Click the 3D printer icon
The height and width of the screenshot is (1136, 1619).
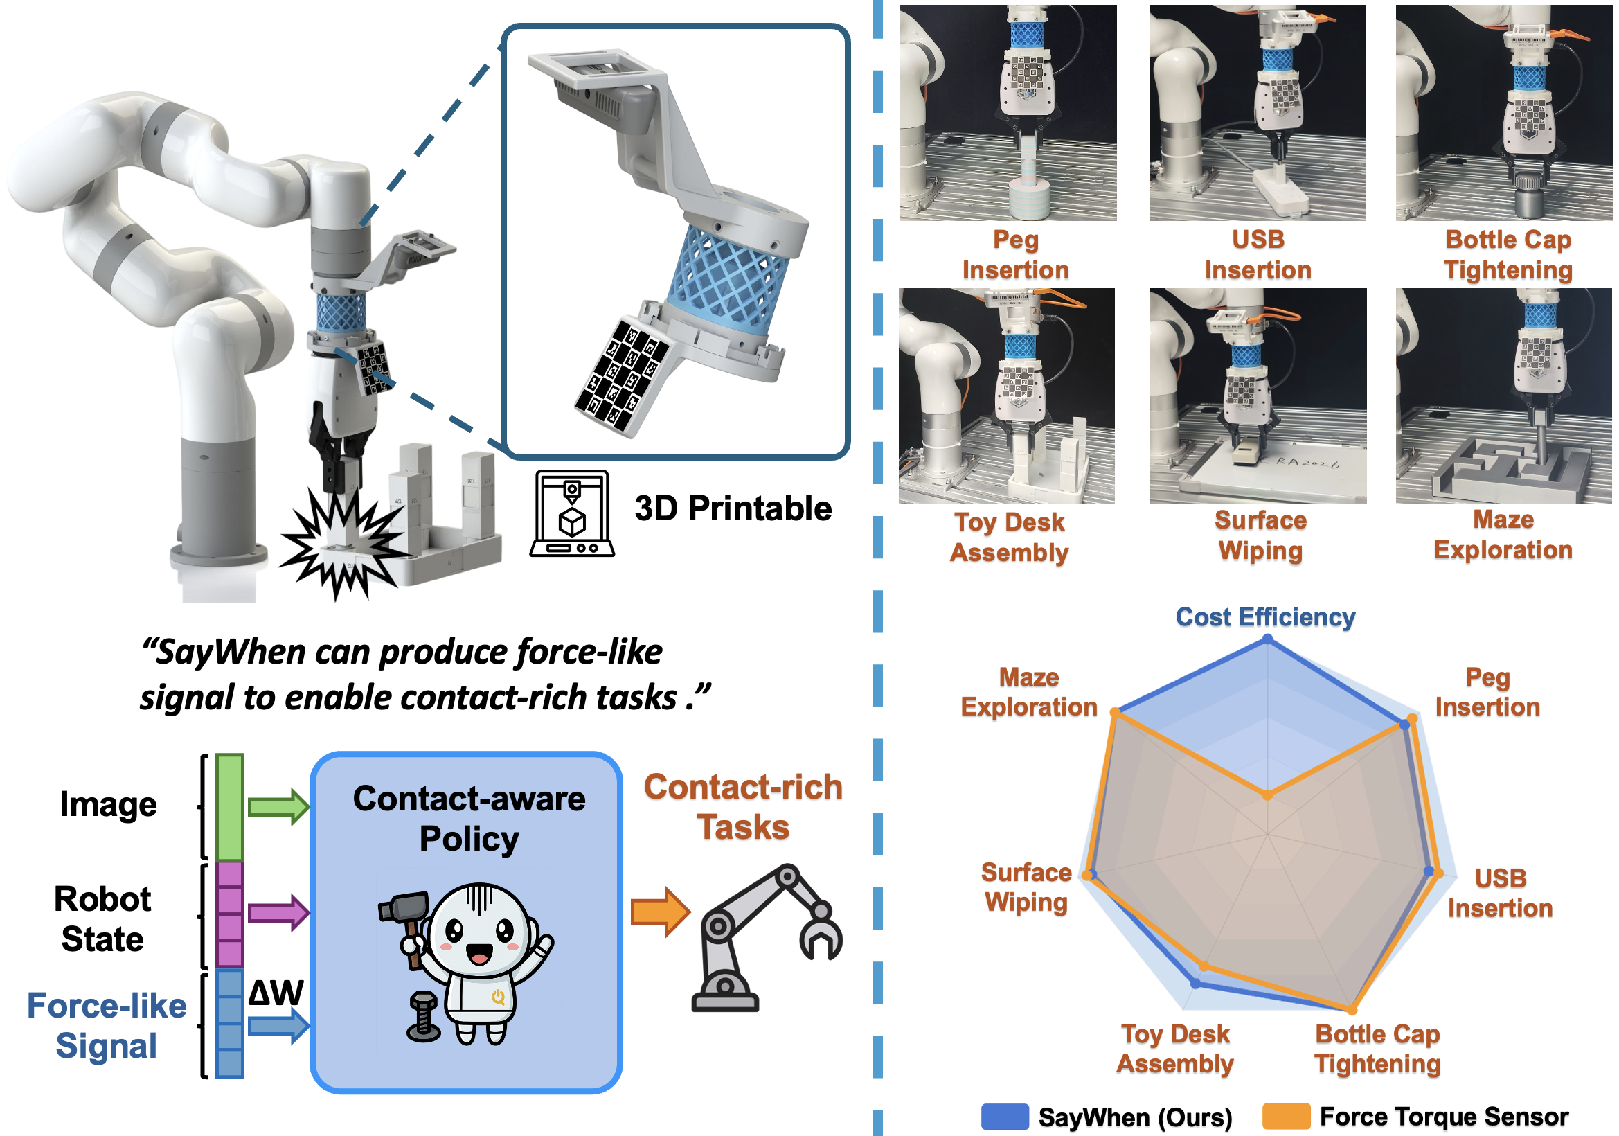[x=571, y=513]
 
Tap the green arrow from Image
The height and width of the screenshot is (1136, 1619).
[x=278, y=806]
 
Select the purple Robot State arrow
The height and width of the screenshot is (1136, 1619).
[x=278, y=912]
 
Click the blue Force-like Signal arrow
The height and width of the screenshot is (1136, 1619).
[x=278, y=1024]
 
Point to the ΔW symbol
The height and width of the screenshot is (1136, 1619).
[x=276, y=993]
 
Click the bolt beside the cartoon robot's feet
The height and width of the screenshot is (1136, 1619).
[x=424, y=1016]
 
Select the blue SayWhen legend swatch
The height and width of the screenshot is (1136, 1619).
[x=1004, y=1116]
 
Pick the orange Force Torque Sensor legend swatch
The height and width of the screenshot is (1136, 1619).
[x=1285, y=1116]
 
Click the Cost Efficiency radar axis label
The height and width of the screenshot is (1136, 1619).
[x=1265, y=617]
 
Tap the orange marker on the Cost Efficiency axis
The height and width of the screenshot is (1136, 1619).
[x=1267, y=795]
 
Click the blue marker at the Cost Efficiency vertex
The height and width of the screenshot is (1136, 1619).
[x=1267, y=639]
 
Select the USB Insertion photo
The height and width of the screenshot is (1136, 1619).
[x=1258, y=113]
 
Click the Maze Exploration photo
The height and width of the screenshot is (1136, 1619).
[x=1503, y=396]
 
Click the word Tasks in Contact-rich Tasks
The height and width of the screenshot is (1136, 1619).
[x=743, y=827]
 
